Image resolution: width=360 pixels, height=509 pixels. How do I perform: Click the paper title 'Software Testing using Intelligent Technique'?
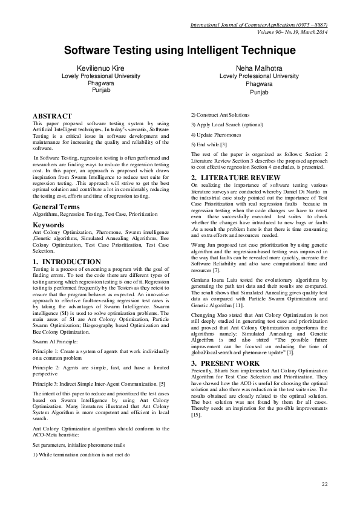[x=180, y=52]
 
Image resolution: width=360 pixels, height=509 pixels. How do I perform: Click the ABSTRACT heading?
[x=52, y=116]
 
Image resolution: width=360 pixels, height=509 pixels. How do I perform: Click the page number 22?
[x=324, y=484]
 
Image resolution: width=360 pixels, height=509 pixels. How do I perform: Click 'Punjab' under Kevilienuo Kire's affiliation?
[x=101, y=89]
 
